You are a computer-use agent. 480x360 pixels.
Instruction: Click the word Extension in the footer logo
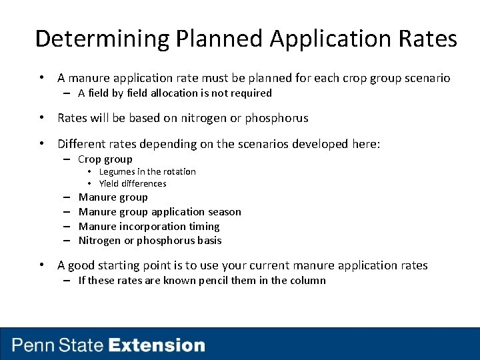pyautogui.click(x=157, y=345)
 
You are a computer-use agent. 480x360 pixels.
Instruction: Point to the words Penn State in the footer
pyautogui.click(x=58, y=345)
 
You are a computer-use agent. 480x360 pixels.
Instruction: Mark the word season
pyautogui.click(x=224, y=212)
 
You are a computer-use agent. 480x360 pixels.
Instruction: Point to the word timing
pyautogui.click(x=205, y=227)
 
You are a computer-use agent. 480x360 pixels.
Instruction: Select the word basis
pyautogui.click(x=209, y=241)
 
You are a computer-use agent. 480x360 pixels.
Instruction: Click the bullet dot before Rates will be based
pyautogui.click(x=41, y=118)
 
